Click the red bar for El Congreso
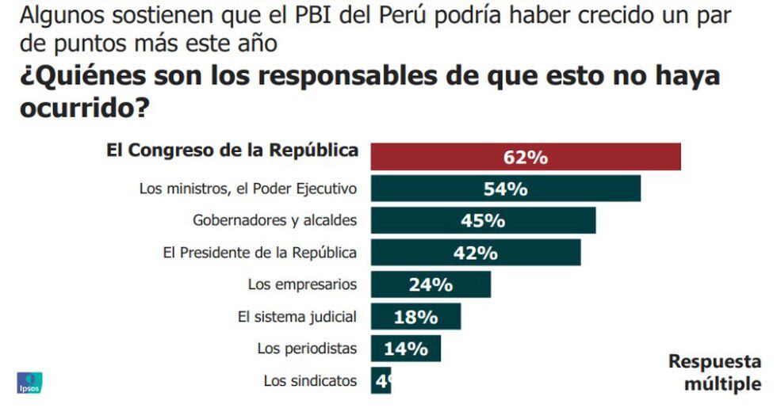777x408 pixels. (526, 157)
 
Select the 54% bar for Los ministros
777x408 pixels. (505, 189)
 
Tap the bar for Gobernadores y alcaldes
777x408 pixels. (483, 220)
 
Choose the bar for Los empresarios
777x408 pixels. (431, 284)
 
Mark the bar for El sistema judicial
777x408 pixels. (415, 317)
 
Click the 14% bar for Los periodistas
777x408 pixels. (405, 349)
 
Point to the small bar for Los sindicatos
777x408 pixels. (381, 381)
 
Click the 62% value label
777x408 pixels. (526, 157)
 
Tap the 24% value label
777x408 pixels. (431, 284)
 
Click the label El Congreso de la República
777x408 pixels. (232, 151)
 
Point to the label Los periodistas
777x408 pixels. (307, 348)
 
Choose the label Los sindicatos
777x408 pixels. (310, 380)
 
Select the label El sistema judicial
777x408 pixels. (297, 316)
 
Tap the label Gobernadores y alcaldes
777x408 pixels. (275, 219)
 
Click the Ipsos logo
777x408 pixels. (29, 383)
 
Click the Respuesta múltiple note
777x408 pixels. (714, 372)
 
